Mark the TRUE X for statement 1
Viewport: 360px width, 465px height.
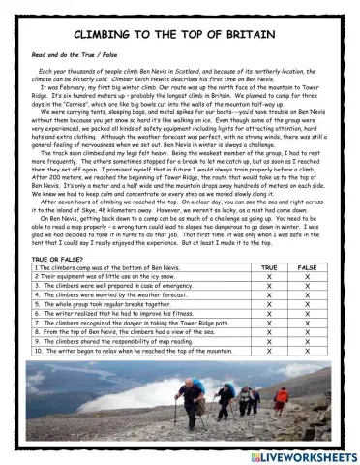269,275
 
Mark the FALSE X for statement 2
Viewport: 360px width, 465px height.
307,285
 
